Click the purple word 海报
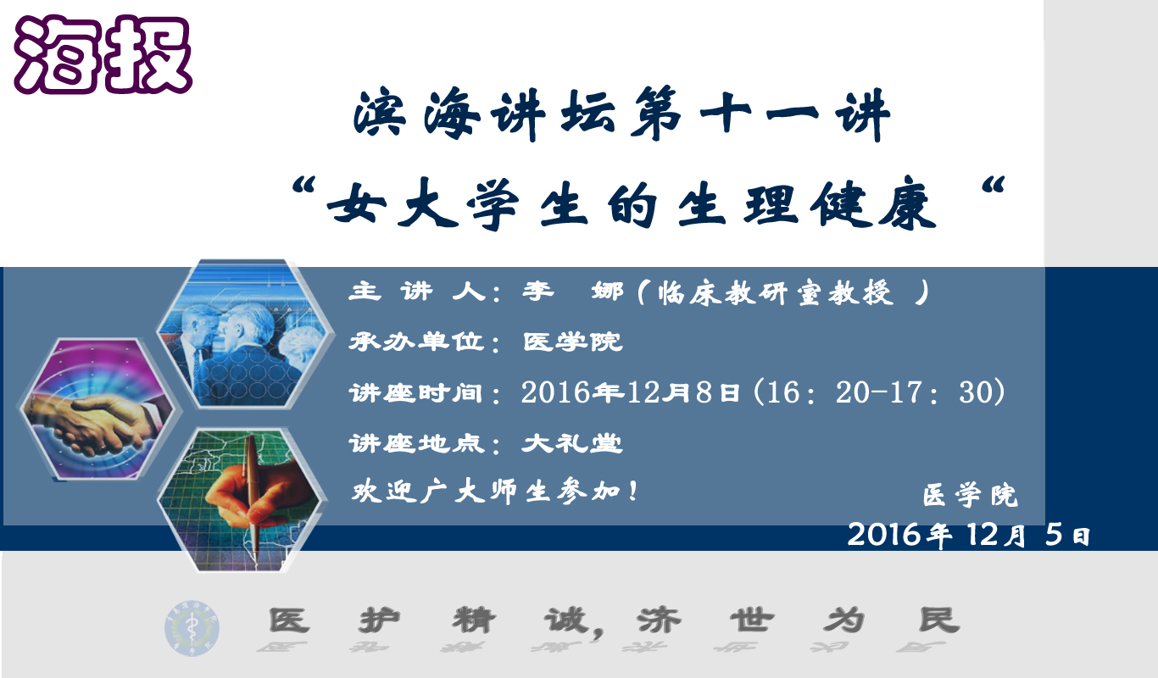pos(103,55)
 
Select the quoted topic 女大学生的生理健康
pos(632,203)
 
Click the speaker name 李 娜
pos(573,292)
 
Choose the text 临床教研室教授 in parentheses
pos(776,293)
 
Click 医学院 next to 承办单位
pos(572,342)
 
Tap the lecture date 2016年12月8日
pos(630,392)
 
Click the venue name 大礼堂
pos(571,443)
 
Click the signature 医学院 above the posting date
pos(971,495)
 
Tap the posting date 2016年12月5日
pos(969,534)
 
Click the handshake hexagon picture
pos(97,409)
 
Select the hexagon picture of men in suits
pos(243,333)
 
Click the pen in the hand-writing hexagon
pos(253,496)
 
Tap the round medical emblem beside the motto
pos(192,628)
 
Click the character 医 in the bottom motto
pos(289,620)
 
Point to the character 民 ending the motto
pos(939,620)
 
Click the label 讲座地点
pos(417,443)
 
